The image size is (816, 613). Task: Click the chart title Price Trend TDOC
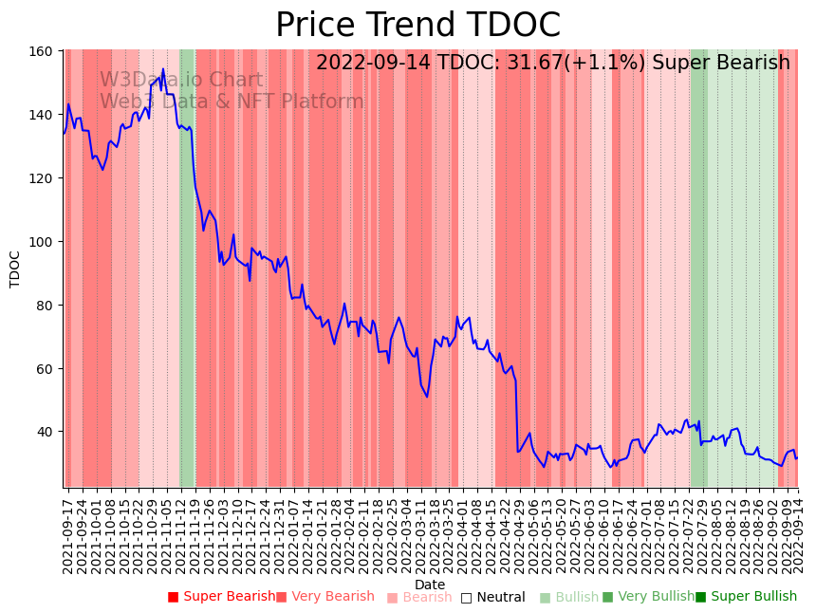pos(417,26)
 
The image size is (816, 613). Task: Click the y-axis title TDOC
pos(15,269)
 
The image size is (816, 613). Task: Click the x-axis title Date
pos(430,585)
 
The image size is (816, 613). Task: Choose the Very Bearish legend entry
pos(325,597)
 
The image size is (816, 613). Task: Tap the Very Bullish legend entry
pos(648,597)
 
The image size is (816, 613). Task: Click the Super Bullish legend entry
pos(746,597)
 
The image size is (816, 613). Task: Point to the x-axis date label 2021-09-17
pos(68,531)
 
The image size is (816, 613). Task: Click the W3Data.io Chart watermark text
pos(181,80)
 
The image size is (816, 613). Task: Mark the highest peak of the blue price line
pos(163,68)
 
